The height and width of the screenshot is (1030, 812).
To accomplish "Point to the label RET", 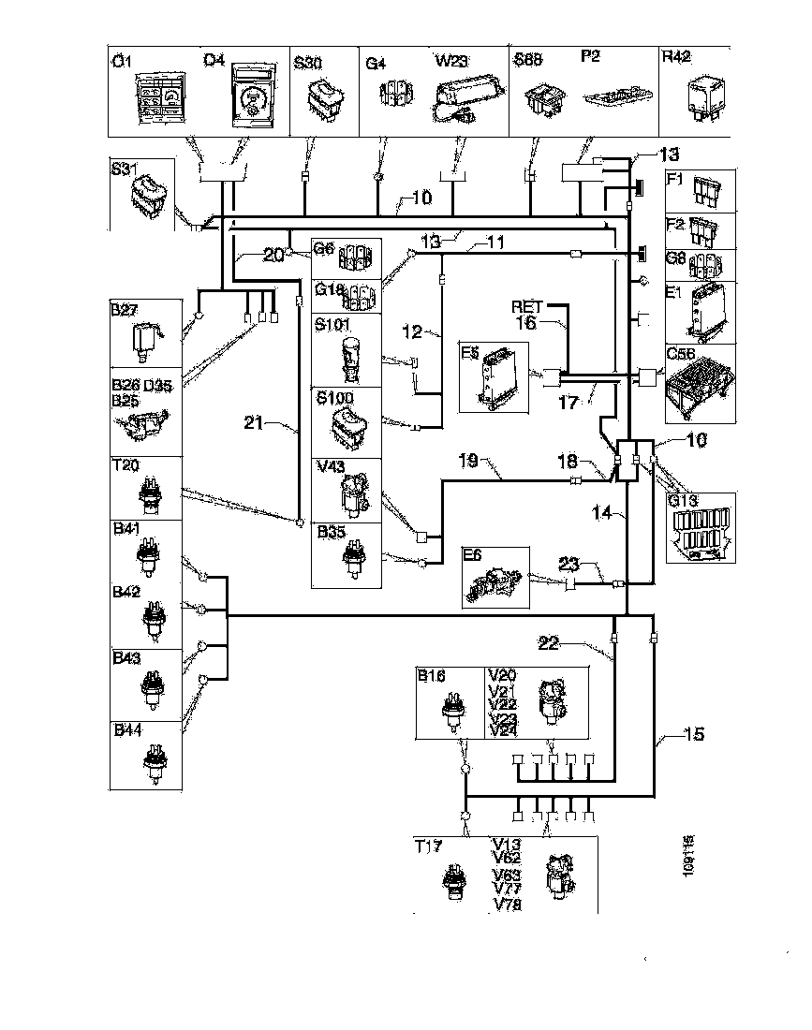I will pos(526,305).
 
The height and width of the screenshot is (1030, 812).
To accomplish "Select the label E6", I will pos(471,554).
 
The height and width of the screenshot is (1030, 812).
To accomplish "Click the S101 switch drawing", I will pos(354,357).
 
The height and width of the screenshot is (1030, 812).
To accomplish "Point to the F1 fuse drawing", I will pos(704,192).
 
